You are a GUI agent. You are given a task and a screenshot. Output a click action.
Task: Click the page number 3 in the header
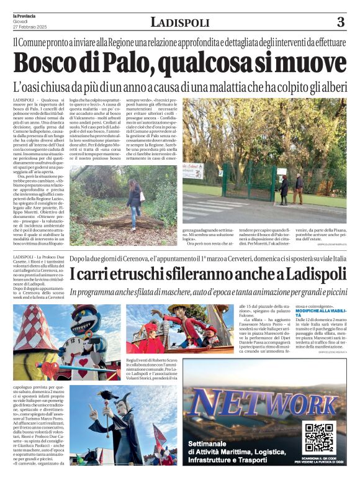coord(340,22)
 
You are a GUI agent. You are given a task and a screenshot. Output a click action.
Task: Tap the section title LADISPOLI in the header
coord(179,23)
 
